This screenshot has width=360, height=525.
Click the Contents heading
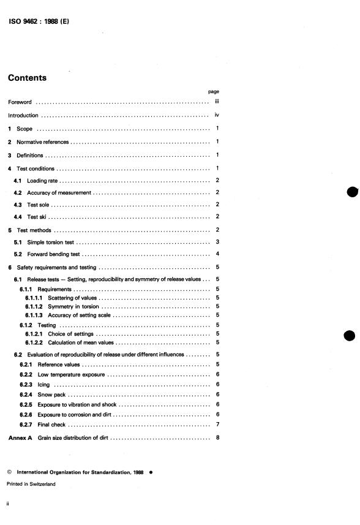click(x=27, y=78)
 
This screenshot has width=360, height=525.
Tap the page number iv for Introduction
click(x=217, y=115)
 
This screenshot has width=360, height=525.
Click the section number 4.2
click(x=18, y=193)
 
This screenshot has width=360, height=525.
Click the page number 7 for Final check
click(x=217, y=425)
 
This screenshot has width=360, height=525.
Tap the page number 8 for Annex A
click(x=217, y=438)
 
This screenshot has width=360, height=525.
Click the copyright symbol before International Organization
click(x=10, y=473)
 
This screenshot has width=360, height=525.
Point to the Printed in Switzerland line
click(x=31, y=484)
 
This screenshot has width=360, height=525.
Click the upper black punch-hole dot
click(x=351, y=192)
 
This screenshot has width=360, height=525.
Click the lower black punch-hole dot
click(x=351, y=337)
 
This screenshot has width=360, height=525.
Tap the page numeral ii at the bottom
click(x=9, y=504)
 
